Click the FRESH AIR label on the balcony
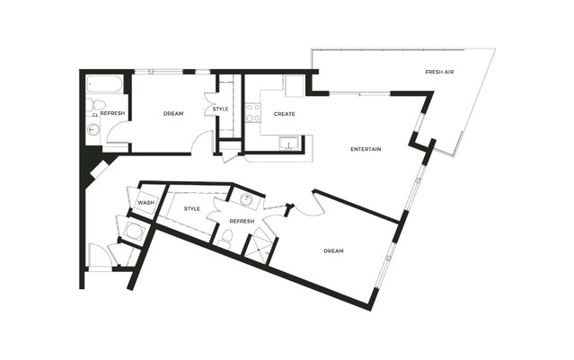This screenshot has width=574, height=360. coord(439,72)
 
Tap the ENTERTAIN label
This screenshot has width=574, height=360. coord(366,149)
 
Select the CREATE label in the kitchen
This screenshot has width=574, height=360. coord(285,114)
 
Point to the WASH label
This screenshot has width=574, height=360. coord(146,203)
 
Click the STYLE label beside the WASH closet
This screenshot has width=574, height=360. coord(192,209)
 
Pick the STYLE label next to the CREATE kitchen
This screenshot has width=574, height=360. coord(220,109)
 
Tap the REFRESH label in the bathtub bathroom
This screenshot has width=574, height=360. coord(112,113)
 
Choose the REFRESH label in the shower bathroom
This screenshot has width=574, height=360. coord(242,222)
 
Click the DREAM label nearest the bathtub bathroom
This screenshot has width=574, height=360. coord(173,114)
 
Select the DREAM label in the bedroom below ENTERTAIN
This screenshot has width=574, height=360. coord(334,251)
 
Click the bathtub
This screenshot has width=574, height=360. coord(105,84)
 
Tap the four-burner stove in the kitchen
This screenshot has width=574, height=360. coord(253,112)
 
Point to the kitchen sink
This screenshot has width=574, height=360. coord(290,144)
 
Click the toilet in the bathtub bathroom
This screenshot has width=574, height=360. coord(96,104)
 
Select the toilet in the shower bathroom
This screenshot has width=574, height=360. coord(225,239)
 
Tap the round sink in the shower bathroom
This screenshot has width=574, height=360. coord(247,200)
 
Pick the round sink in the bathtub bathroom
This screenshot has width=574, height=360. coord(94,129)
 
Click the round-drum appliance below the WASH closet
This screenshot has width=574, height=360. coord(132,231)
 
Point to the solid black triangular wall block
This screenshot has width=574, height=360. coord(90,161)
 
